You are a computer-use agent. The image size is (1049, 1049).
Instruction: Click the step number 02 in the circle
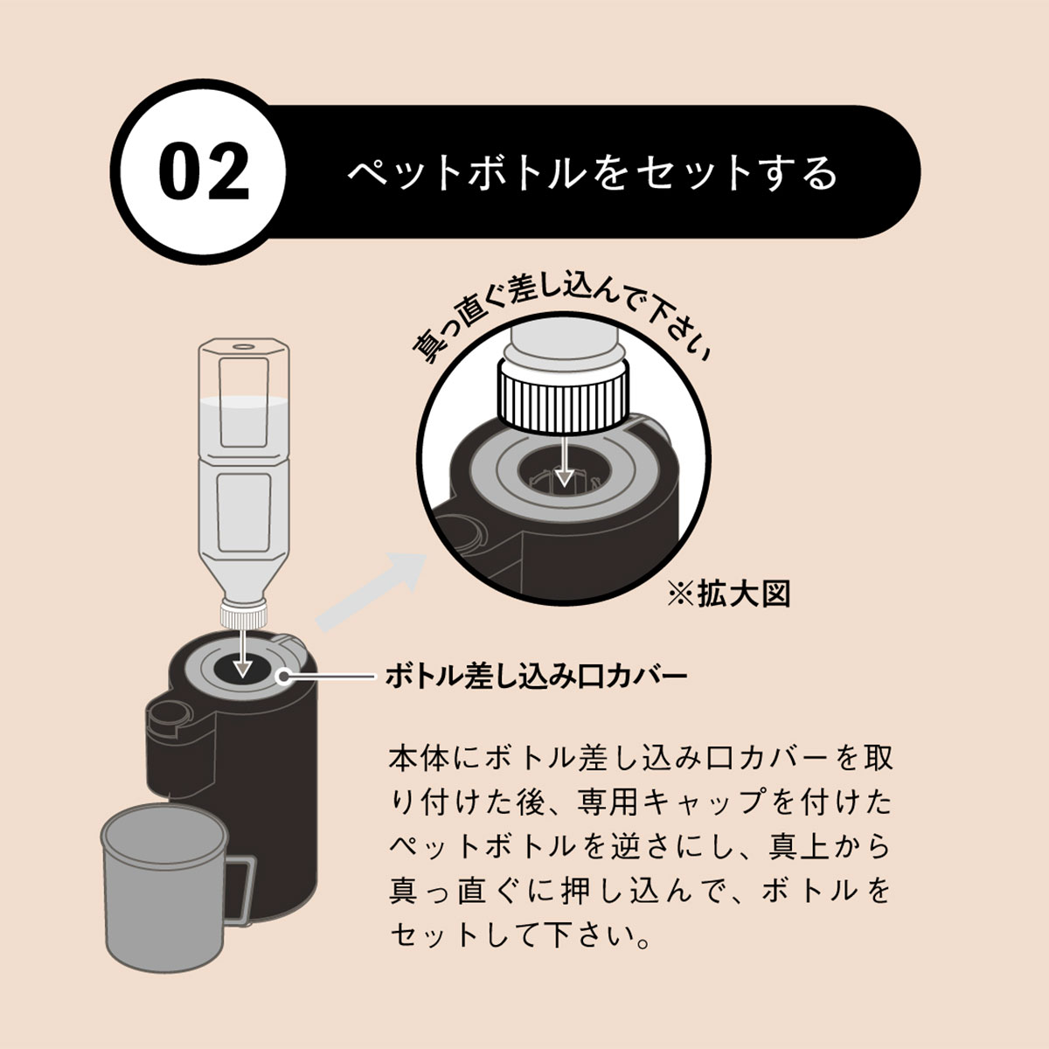[x=205, y=171]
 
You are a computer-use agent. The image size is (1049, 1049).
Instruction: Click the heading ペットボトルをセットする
[x=593, y=173]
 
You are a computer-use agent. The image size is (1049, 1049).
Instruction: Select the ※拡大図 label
[x=729, y=594]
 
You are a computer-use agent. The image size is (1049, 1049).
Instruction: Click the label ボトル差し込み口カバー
[x=536, y=677]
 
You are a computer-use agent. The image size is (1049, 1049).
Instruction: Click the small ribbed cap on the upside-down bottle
[x=244, y=614]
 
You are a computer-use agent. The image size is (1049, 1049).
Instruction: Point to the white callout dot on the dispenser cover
[x=283, y=677]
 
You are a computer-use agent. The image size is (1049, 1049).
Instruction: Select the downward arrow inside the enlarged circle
[x=565, y=460]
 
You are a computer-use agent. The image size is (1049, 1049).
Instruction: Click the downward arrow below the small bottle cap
[x=243, y=653]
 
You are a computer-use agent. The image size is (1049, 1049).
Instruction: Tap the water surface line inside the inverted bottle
[x=243, y=401]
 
